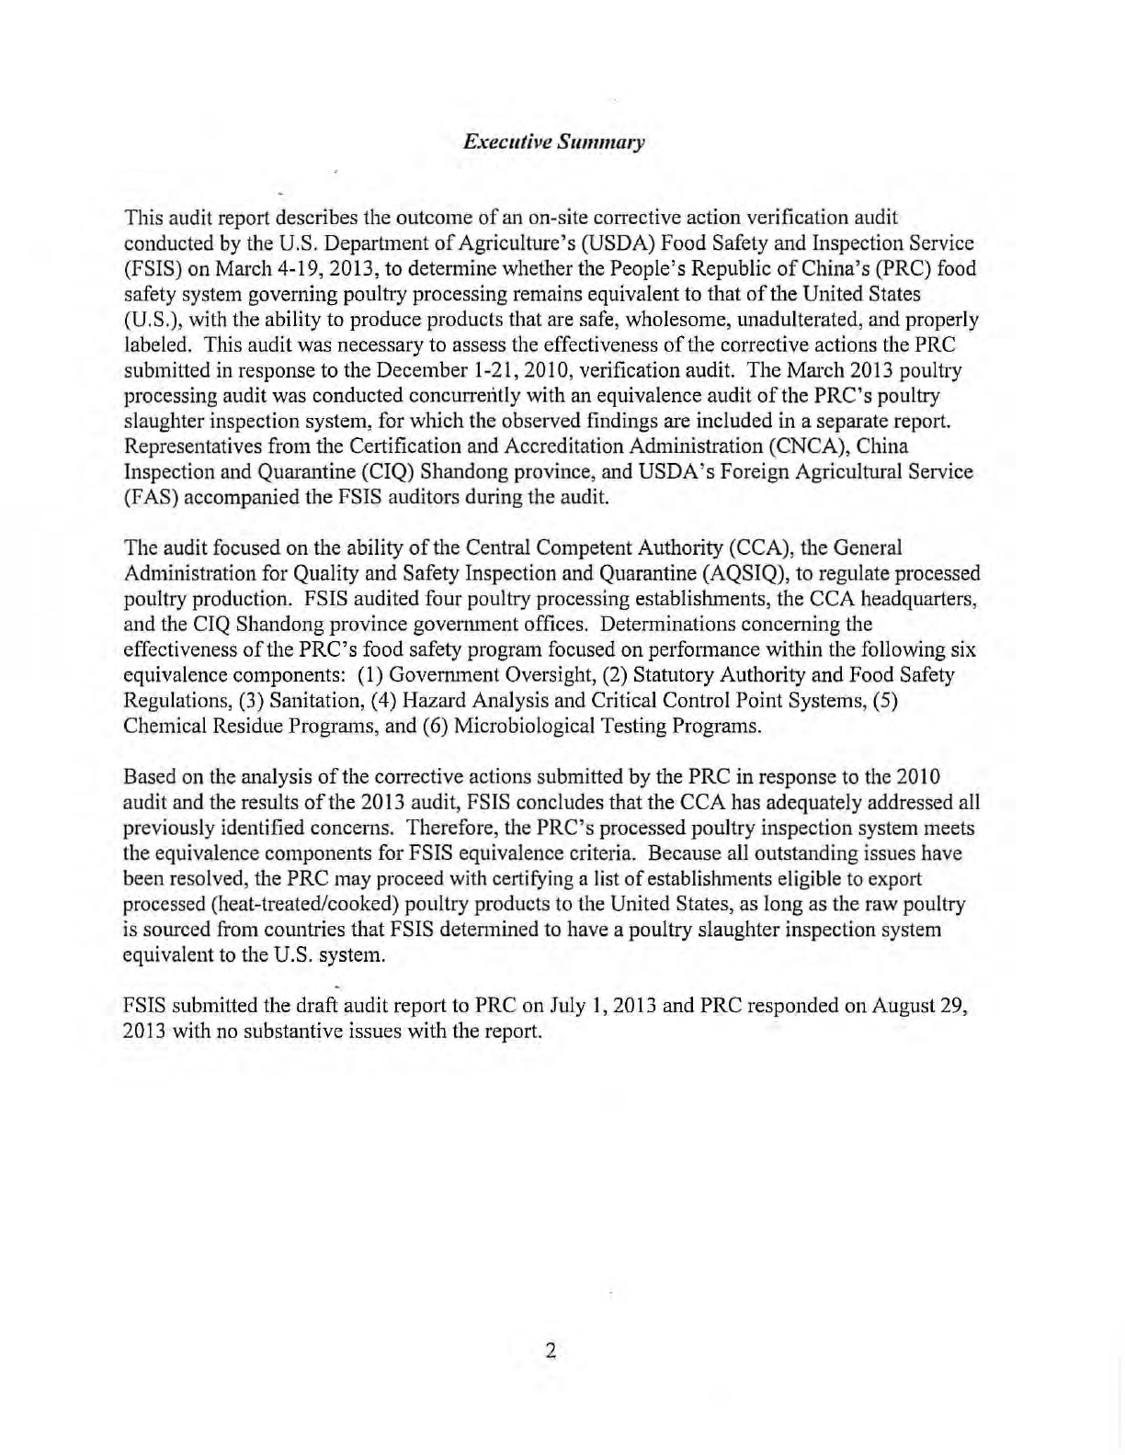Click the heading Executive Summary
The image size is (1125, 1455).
554,142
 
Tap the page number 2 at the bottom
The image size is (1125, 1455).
551,1350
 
